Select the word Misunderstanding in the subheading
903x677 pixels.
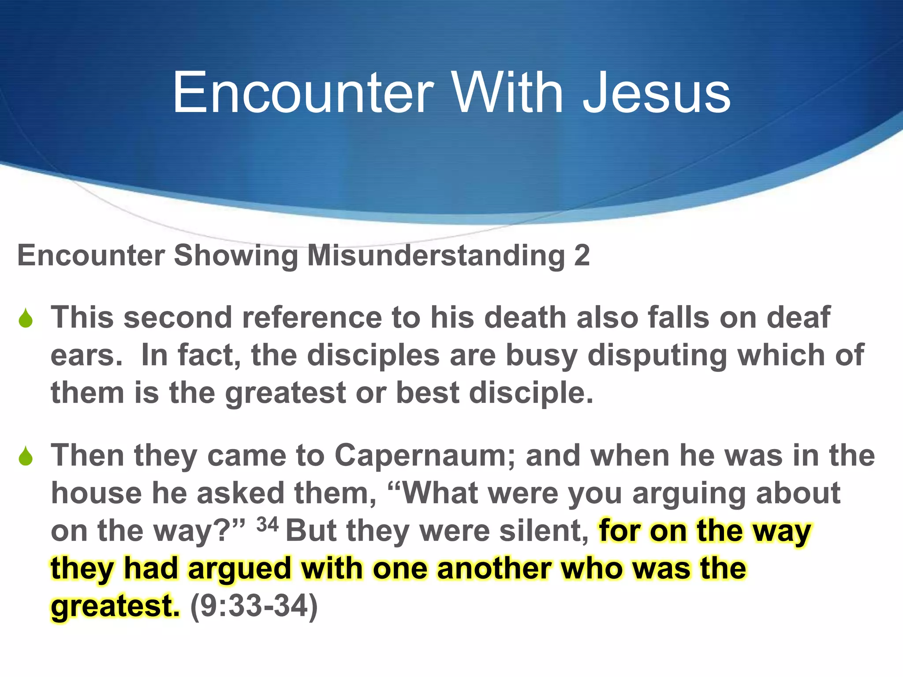click(x=436, y=255)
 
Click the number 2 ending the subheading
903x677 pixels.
click(x=582, y=255)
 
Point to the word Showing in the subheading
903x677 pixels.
click(x=236, y=256)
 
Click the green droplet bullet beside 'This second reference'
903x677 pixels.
click(x=26, y=318)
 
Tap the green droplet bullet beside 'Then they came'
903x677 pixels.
click(x=26, y=456)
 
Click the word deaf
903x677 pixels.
click(x=799, y=317)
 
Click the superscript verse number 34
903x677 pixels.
click(x=268, y=524)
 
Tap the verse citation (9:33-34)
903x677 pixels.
click(x=254, y=606)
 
